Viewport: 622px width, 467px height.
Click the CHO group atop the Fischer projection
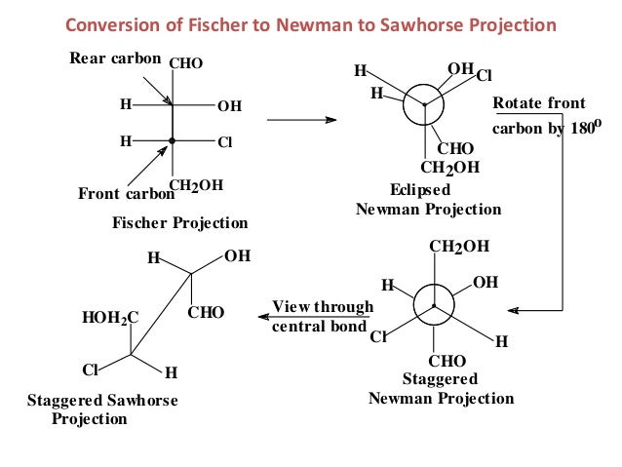[186, 64]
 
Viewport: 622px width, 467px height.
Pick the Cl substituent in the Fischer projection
[225, 141]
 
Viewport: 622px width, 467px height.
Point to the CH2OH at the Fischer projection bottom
[196, 185]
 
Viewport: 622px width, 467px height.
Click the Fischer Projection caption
[180, 222]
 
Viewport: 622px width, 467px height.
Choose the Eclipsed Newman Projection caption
[428, 200]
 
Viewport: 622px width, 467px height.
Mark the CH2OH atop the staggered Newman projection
[459, 246]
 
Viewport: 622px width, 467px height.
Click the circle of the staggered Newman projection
[433, 306]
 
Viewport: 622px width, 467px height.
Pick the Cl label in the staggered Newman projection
[378, 338]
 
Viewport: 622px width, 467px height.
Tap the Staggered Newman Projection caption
[440, 388]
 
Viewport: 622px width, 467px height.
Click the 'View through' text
[323, 307]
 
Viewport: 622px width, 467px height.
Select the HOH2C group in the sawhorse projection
[111, 317]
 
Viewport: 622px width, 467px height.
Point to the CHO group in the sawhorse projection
[207, 312]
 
